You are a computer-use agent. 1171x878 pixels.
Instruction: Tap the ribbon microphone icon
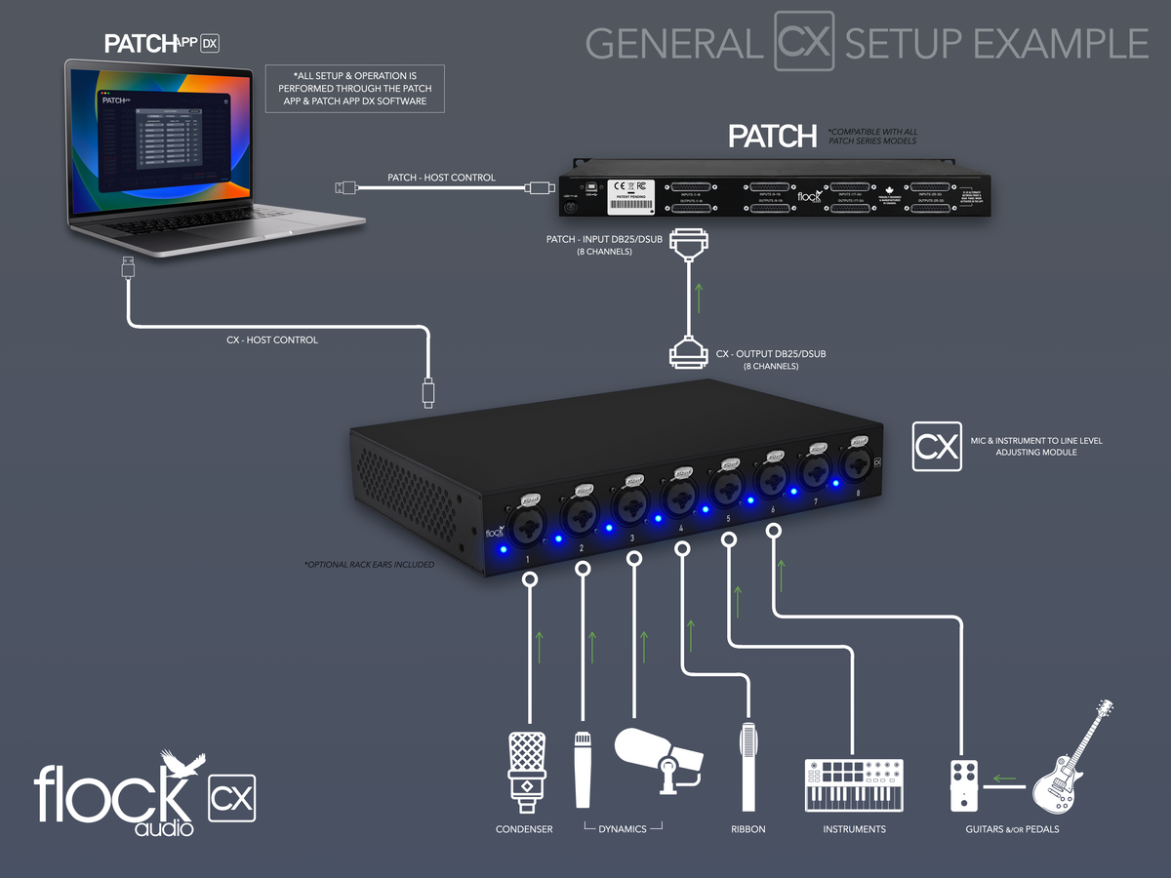(748, 766)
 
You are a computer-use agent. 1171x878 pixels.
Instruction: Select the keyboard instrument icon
(854, 784)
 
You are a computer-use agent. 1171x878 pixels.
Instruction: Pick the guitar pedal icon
(964, 784)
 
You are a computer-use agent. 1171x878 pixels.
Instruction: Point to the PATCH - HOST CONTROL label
(441, 178)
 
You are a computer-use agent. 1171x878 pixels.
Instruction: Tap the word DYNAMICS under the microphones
(623, 829)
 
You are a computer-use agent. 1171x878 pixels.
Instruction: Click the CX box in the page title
(804, 41)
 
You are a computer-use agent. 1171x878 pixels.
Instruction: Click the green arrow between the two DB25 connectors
(697, 297)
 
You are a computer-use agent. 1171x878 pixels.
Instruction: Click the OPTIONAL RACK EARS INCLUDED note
(370, 565)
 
